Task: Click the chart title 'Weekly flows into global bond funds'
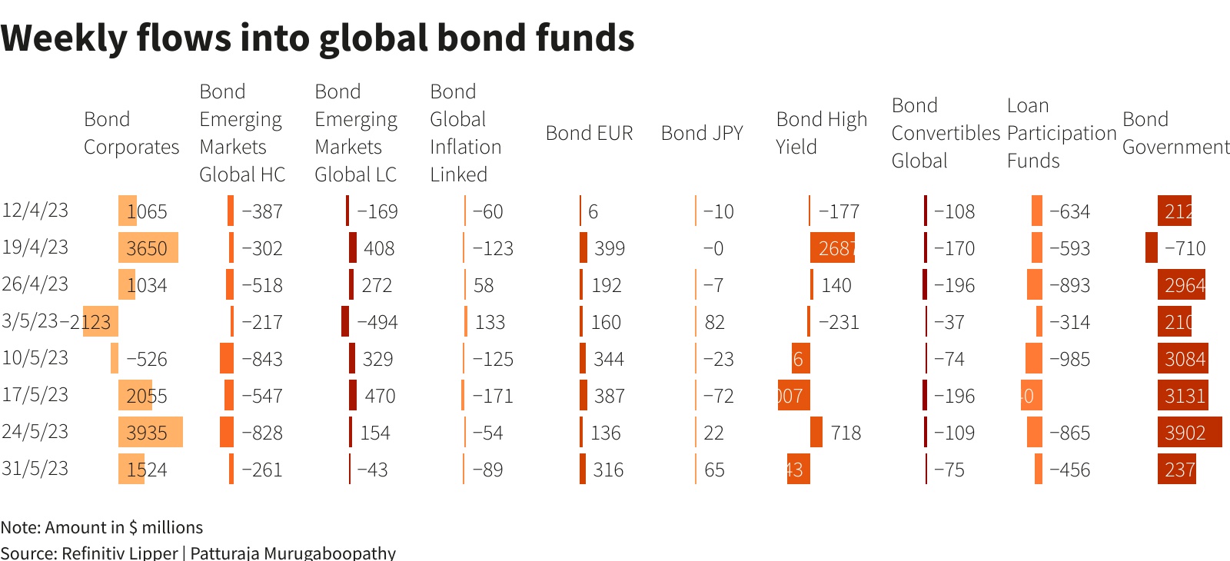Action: [x=317, y=38]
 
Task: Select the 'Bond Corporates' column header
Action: [x=131, y=133]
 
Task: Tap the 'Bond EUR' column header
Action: [x=589, y=133]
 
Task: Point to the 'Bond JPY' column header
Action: [x=702, y=133]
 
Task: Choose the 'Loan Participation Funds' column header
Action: [x=1061, y=133]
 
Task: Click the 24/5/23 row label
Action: [x=35, y=431]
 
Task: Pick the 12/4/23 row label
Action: [x=35, y=210]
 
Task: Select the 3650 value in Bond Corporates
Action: [x=147, y=248]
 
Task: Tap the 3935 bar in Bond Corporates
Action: [x=151, y=433]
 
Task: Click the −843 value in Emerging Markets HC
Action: [x=262, y=359]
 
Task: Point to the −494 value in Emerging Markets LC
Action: [x=377, y=322]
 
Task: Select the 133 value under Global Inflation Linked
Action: [x=490, y=322]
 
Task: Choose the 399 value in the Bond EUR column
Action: [x=609, y=248]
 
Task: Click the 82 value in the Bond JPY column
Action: [x=714, y=322]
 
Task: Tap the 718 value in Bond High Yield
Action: [x=846, y=433]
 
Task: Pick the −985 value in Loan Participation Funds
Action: [x=1069, y=359]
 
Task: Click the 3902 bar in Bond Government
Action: [x=1189, y=433]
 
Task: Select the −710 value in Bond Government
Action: [x=1185, y=248]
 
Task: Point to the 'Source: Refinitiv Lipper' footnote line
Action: [x=198, y=553]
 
